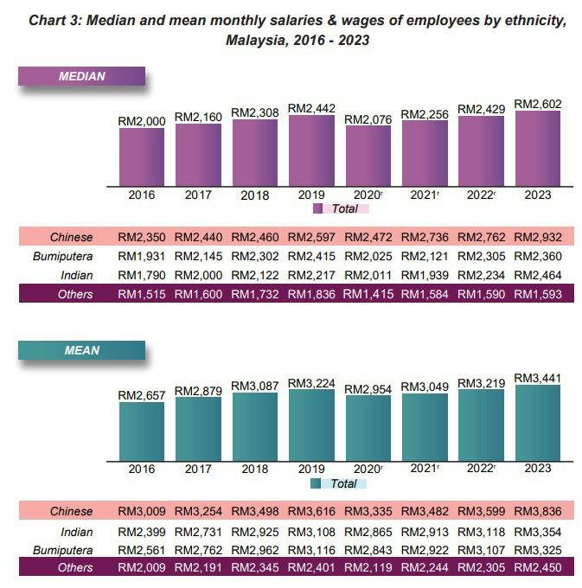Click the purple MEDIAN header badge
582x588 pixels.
click(81, 76)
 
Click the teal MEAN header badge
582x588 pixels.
click(81, 351)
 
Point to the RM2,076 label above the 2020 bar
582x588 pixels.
click(368, 119)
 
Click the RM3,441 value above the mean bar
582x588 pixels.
click(538, 378)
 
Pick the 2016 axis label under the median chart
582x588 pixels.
click(141, 195)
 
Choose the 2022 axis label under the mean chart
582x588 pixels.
click(480, 469)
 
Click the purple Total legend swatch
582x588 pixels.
click(317, 208)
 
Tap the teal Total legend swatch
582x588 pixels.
click(317, 483)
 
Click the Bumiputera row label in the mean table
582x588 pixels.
click(62, 550)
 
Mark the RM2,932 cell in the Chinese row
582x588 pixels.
click(538, 237)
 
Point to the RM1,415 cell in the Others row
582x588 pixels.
click(368, 294)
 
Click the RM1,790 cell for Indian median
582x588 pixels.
click(141, 275)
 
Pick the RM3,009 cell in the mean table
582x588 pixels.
click(141, 512)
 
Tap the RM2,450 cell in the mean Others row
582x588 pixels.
click(538, 568)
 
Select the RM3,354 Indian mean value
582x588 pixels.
click(538, 532)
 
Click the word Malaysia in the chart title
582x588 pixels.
click(259, 41)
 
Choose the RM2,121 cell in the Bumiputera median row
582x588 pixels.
click(425, 256)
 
